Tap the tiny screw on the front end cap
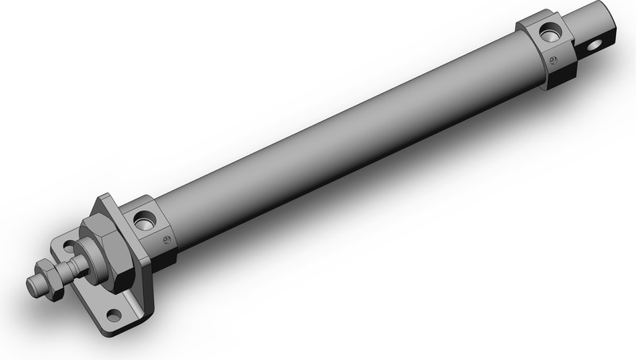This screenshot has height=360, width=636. pos(166,241)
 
